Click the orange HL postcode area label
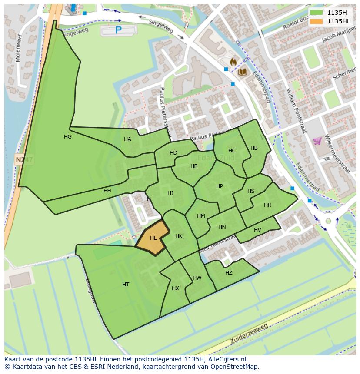[x=153, y=238]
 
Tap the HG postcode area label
[x=68, y=137]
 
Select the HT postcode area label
[x=126, y=285]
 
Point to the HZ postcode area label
[x=229, y=273]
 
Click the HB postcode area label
[x=254, y=148]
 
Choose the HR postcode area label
[x=267, y=205]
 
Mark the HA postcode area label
[x=127, y=139]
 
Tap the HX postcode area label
[x=175, y=288]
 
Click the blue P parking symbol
[x=118, y=30]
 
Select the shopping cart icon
[x=317, y=141]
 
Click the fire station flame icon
[x=233, y=62]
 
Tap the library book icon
[x=242, y=72]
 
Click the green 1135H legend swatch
[x=317, y=13]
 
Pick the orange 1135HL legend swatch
[x=317, y=21]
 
